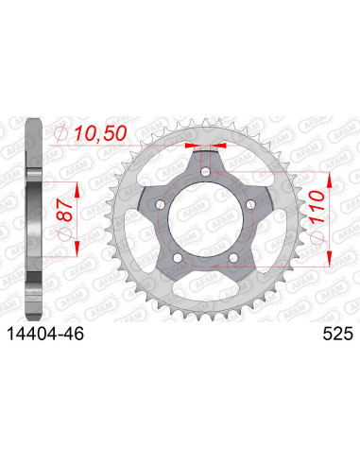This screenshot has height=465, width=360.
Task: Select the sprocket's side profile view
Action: [33, 217]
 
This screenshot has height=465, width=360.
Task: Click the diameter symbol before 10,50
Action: [62, 137]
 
